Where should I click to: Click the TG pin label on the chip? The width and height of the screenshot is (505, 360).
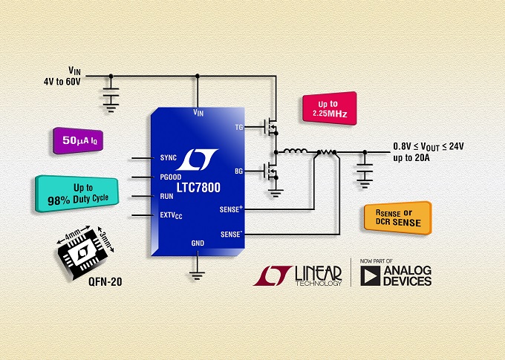pos(239,127)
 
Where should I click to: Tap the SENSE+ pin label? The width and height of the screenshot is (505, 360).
pos(231,210)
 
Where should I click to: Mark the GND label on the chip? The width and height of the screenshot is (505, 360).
pos(198,243)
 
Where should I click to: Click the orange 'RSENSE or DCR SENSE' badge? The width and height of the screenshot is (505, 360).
pos(393,217)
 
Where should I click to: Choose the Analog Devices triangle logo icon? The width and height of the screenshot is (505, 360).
pos(369,276)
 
